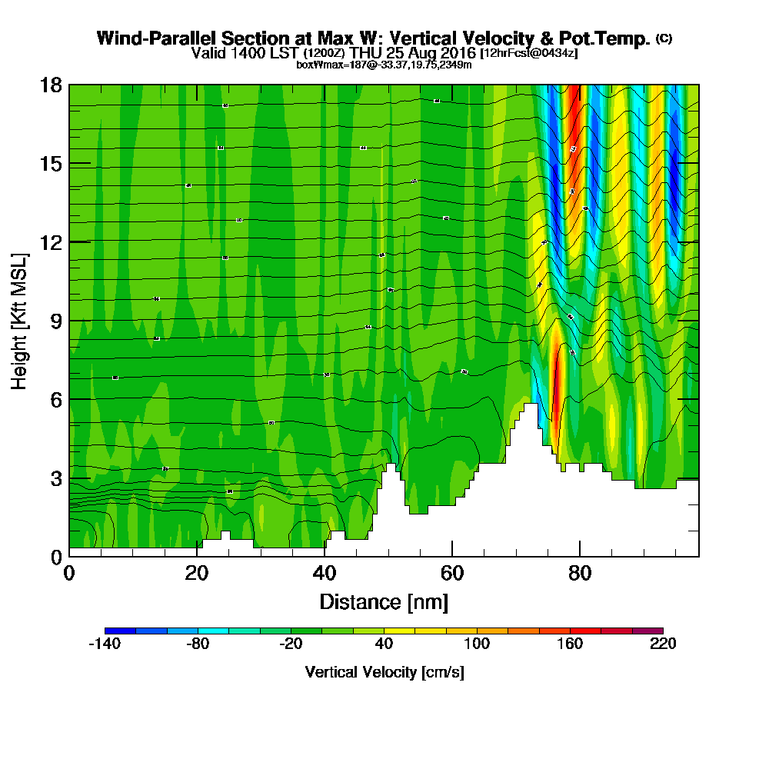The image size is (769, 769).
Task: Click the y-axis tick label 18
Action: (51, 85)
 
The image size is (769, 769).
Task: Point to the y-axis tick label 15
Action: (51, 163)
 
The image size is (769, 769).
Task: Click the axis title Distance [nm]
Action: (384, 601)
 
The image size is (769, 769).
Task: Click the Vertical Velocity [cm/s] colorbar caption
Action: (384, 672)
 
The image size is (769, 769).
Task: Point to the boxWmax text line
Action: (384, 65)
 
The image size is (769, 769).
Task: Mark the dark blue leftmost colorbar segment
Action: (120, 631)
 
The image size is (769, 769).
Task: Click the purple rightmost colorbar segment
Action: (647, 631)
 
